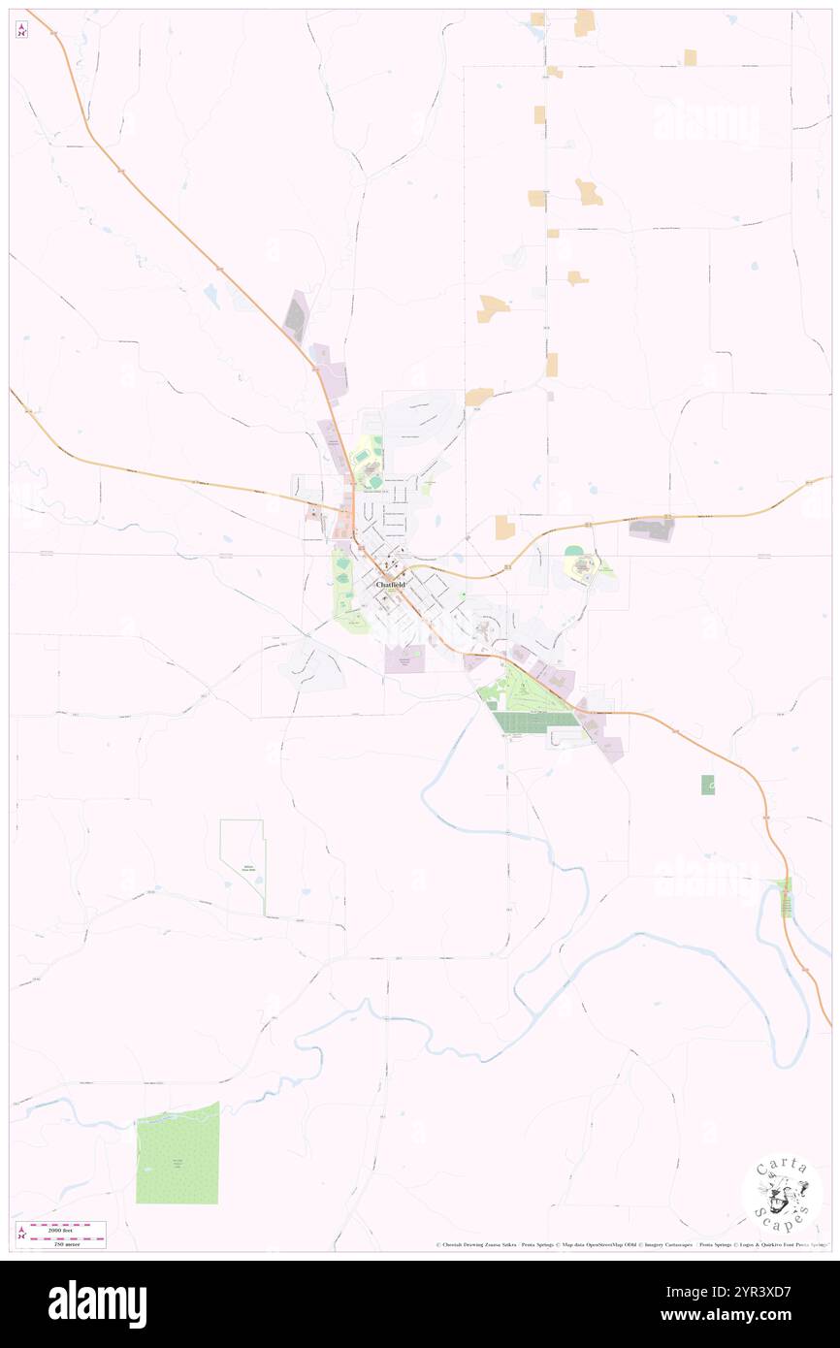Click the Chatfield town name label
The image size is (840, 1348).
tap(390, 585)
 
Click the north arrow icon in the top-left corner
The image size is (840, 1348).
tap(21, 30)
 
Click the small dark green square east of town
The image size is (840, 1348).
tap(708, 785)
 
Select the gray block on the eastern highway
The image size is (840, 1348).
tap(652, 529)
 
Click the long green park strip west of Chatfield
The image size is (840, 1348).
tap(343, 587)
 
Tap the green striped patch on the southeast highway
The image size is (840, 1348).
tap(787, 897)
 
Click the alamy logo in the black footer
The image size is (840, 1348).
tap(97, 1304)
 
